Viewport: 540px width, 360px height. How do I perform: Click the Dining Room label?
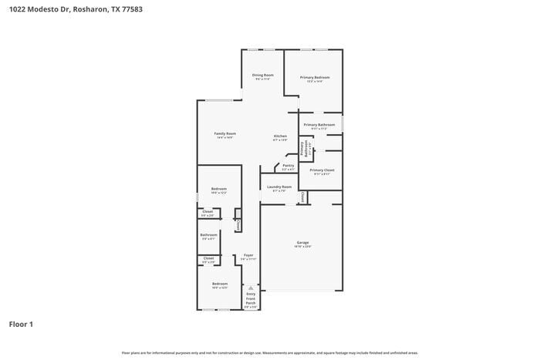[x=263, y=75]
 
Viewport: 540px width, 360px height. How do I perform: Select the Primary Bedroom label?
[x=315, y=77]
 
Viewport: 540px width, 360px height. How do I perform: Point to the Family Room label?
[x=224, y=133]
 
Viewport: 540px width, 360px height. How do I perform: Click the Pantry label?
[x=288, y=165]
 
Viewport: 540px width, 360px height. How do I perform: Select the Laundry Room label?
[x=279, y=187]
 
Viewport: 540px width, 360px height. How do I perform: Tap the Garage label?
[x=302, y=243]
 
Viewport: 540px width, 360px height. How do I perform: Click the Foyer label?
[x=248, y=255]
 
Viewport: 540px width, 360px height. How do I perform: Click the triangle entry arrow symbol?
[x=250, y=288]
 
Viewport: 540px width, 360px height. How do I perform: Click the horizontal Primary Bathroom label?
[x=319, y=124]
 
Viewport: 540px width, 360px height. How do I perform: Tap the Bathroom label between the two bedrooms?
[x=208, y=234]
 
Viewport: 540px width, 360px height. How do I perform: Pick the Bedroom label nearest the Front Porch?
[x=220, y=284]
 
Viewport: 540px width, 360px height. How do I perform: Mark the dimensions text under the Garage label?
[x=302, y=247]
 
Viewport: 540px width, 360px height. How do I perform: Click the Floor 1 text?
[x=21, y=324]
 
